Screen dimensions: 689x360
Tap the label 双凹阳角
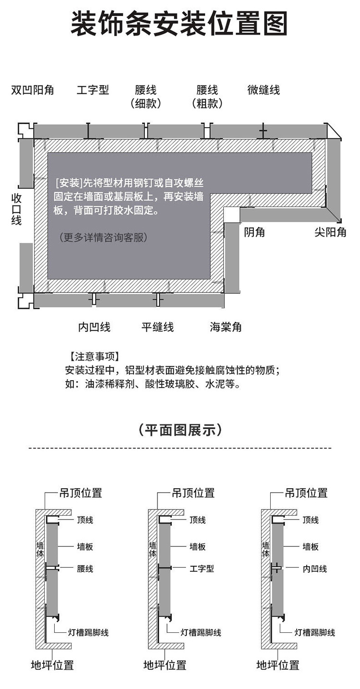pos(33,90)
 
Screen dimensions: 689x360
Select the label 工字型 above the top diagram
pos(93,90)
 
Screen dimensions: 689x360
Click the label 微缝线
pos(264,90)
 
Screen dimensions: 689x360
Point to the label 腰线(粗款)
pos(207,97)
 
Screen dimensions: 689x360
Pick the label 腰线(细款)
pos(146,97)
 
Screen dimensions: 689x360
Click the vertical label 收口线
pos(17,209)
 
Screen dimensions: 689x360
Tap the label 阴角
pos(254,232)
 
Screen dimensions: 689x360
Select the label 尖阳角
pos(330,232)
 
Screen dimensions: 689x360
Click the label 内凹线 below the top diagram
pos(94,327)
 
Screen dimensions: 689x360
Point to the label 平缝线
pos(157,327)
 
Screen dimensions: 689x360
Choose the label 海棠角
pos(226,327)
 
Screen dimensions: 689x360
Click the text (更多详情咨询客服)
pos(103,237)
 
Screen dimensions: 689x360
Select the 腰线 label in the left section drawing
pos(85,568)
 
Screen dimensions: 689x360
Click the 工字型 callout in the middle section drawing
pos(202,568)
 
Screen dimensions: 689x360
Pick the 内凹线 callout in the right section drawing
pos(315,568)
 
